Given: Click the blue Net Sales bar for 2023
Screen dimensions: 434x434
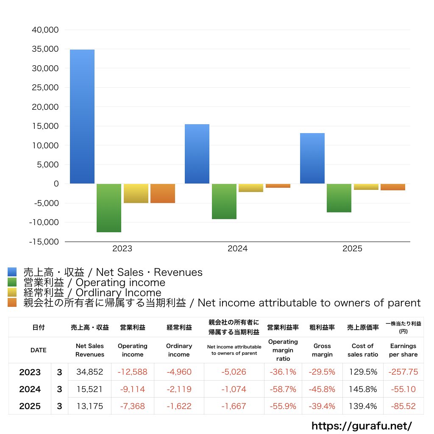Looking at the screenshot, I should (82, 117).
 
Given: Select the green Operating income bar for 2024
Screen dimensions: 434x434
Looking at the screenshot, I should (224, 201).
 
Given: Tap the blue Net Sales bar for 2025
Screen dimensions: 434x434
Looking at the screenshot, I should (312, 159).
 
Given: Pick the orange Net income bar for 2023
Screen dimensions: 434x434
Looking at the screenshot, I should (163, 193).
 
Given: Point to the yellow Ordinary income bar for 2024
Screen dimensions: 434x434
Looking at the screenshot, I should (250, 188).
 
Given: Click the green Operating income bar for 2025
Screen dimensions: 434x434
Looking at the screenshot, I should (339, 198).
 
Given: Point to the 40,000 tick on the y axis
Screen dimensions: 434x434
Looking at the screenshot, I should (45, 30).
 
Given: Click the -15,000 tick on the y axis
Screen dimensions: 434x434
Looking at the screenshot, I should (44, 242).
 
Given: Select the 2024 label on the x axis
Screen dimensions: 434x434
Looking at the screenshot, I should (237, 249).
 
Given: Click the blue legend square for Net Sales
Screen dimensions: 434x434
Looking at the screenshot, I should (12, 272).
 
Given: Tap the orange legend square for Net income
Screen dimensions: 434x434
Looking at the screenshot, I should (12, 303).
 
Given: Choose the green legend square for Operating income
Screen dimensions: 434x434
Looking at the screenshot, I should (12, 282).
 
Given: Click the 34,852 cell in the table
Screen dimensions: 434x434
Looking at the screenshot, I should (90, 372).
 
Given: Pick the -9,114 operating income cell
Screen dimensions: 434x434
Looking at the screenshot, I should (133, 389).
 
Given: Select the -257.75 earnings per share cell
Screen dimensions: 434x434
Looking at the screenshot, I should (403, 372).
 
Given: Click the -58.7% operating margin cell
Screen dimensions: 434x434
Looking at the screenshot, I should (283, 389).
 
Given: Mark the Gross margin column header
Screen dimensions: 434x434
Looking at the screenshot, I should (322, 350).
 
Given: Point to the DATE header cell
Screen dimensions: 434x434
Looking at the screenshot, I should (38, 350).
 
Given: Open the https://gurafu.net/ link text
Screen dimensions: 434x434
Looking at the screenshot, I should (362, 426).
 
